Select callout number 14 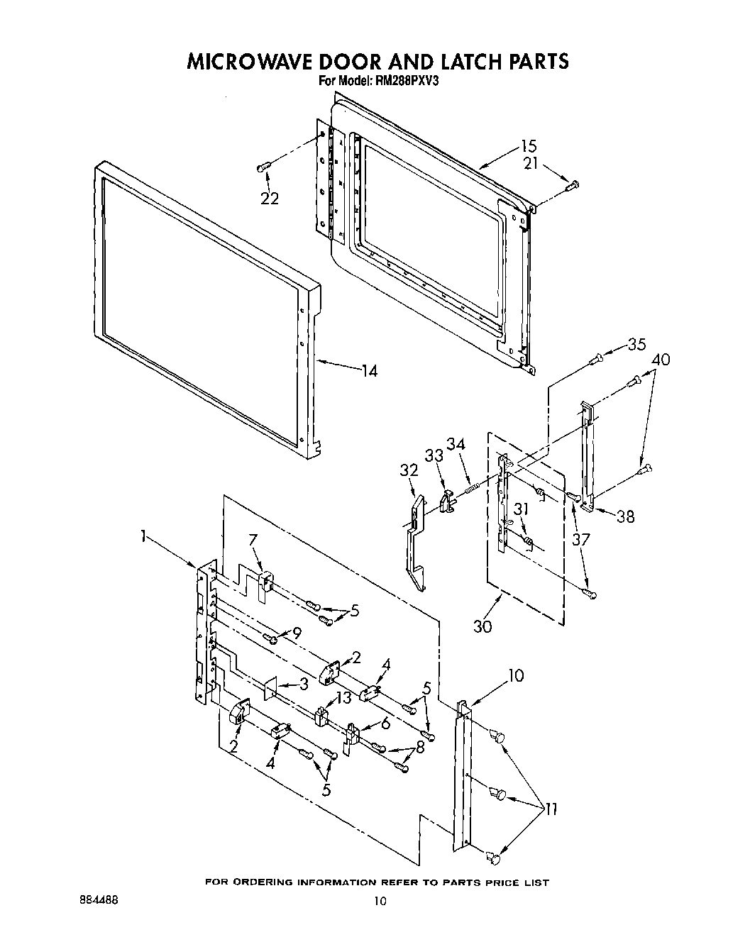(x=368, y=370)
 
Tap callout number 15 (x=528, y=147)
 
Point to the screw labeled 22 (x=262, y=167)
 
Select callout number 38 (x=625, y=517)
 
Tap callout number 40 (x=660, y=360)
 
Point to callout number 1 (x=144, y=538)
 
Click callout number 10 (x=515, y=675)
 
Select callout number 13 (x=343, y=698)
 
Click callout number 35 (x=636, y=345)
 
